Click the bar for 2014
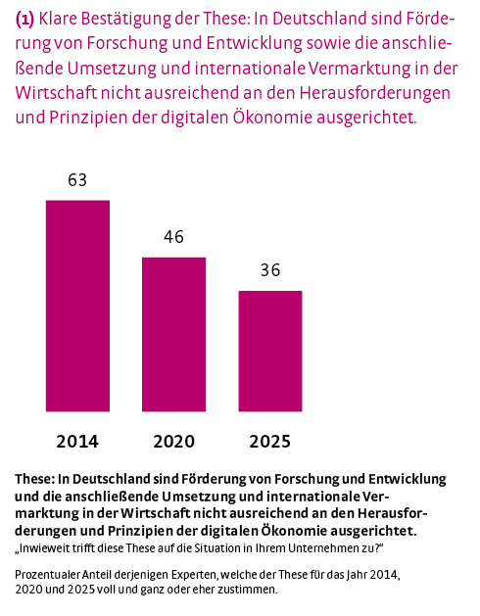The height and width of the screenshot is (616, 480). (77, 306)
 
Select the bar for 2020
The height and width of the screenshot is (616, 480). (173, 334)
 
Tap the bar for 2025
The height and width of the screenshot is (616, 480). (270, 351)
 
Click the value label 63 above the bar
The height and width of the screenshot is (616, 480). (77, 180)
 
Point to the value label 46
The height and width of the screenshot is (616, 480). (173, 237)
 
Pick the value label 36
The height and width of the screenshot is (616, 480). (270, 270)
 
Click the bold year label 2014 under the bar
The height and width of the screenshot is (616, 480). (77, 442)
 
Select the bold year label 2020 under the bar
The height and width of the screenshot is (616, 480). (173, 442)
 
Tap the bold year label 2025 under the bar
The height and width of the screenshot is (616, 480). (270, 442)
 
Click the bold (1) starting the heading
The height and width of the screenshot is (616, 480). (25, 19)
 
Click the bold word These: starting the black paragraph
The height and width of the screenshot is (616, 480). (36, 479)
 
